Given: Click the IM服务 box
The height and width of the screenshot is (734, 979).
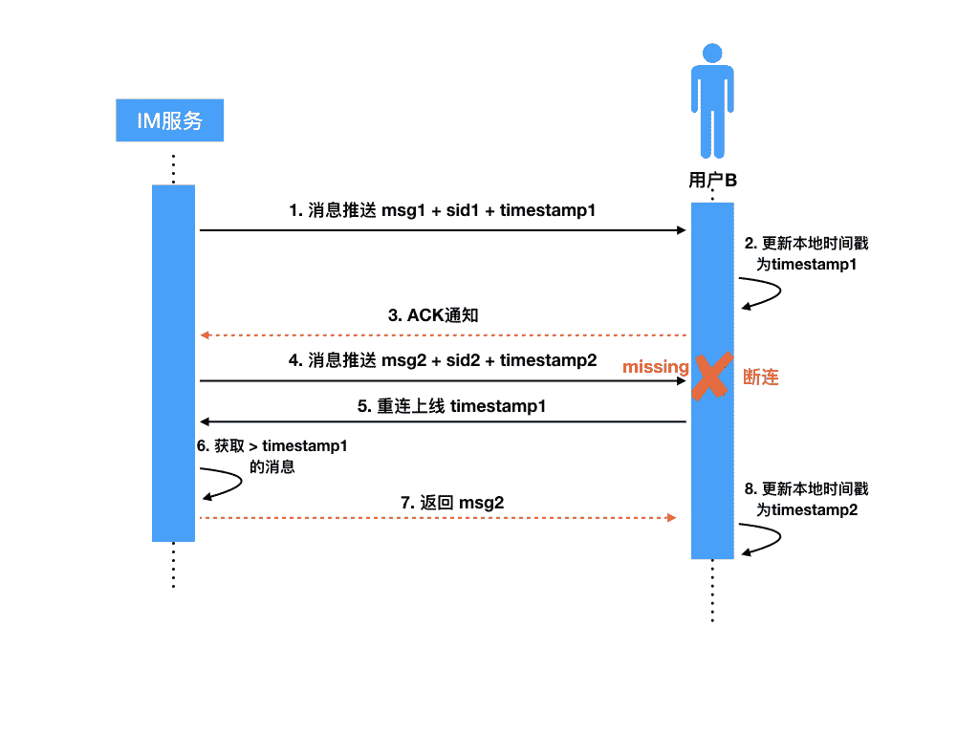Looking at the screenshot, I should pyautogui.click(x=169, y=120).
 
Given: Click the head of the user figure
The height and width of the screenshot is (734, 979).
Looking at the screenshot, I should pyautogui.click(x=711, y=54).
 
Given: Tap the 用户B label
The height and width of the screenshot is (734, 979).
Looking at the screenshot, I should pyautogui.click(x=712, y=181).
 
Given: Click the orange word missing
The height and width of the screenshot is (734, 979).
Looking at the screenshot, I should pyautogui.click(x=656, y=367).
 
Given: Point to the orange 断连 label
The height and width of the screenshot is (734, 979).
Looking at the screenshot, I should pyautogui.click(x=761, y=378).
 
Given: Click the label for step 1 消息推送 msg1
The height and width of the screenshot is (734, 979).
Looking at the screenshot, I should pyautogui.click(x=442, y=210).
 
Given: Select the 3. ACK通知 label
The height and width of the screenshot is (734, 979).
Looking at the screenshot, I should pyautogui.click(x=433, y=315).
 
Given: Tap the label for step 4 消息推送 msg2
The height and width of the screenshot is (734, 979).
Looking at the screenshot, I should pyautogui.click(x=443, y=360).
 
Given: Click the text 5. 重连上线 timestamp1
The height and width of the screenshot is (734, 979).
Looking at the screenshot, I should pyautogui.click(x=451, y=405).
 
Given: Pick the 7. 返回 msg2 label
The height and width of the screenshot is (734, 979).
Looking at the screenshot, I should pyautogui.click(x=451, y=503).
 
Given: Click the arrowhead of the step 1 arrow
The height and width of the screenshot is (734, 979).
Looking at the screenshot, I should pyautogui.click(x=682, y=230).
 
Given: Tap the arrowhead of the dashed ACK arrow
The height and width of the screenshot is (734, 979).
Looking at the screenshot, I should pyautogui.click(x=205, y=335).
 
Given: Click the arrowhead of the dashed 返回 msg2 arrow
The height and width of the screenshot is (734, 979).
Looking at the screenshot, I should pyautogui.click(x=672, y=517).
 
